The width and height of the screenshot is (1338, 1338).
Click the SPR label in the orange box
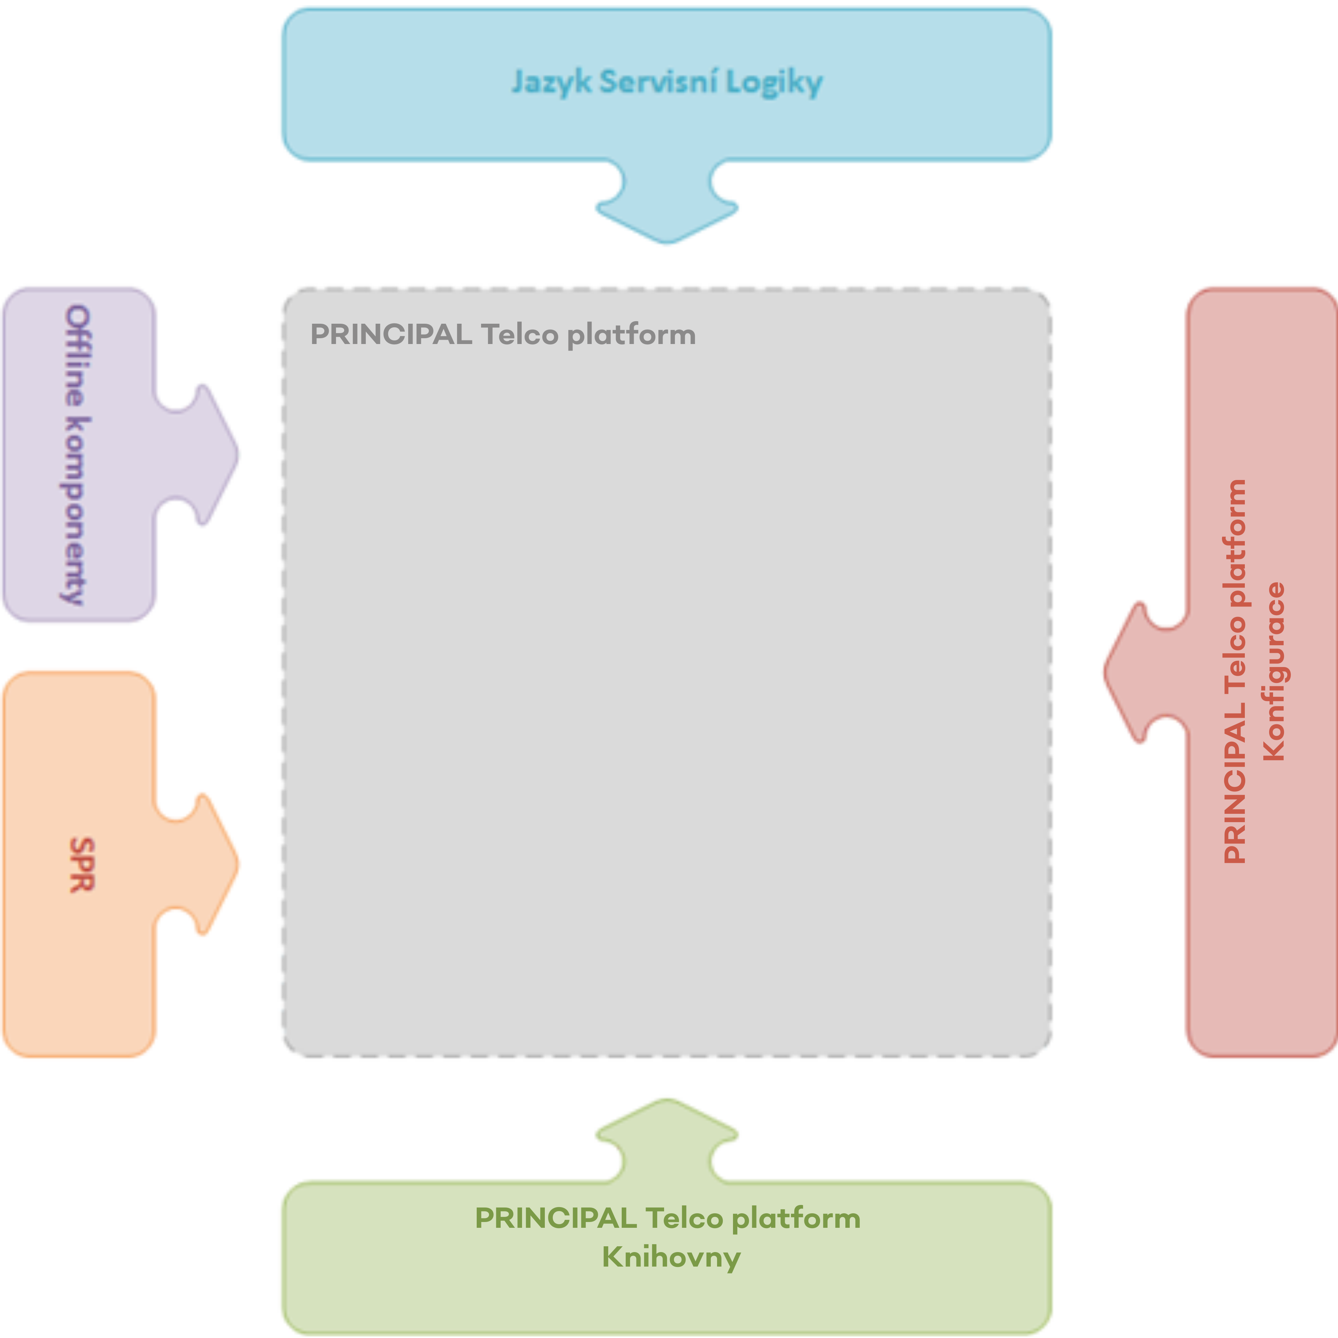[82, 865]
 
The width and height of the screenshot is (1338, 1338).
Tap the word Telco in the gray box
[519, 335]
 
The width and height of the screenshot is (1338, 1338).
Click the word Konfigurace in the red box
[1273, 672]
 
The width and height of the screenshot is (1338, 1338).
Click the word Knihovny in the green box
[670, 1256]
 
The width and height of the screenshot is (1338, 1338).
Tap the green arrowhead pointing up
[667, 1122]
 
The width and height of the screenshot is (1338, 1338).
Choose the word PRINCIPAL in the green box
[555, 1218]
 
